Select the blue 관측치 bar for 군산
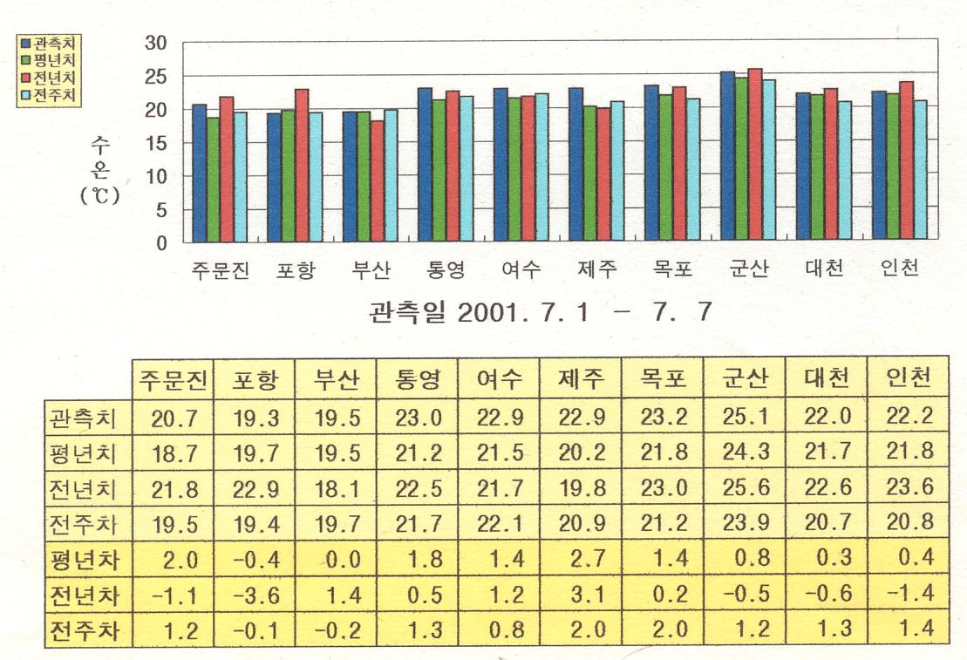click(727, 157)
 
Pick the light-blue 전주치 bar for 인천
click(920, 172)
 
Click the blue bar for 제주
click(576, 165)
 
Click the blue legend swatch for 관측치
click(25, 41)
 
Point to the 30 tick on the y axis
click(156, 42)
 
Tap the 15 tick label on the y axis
click(156, 143)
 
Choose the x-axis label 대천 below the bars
click(824, 269)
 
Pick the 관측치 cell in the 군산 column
click(746, 417)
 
